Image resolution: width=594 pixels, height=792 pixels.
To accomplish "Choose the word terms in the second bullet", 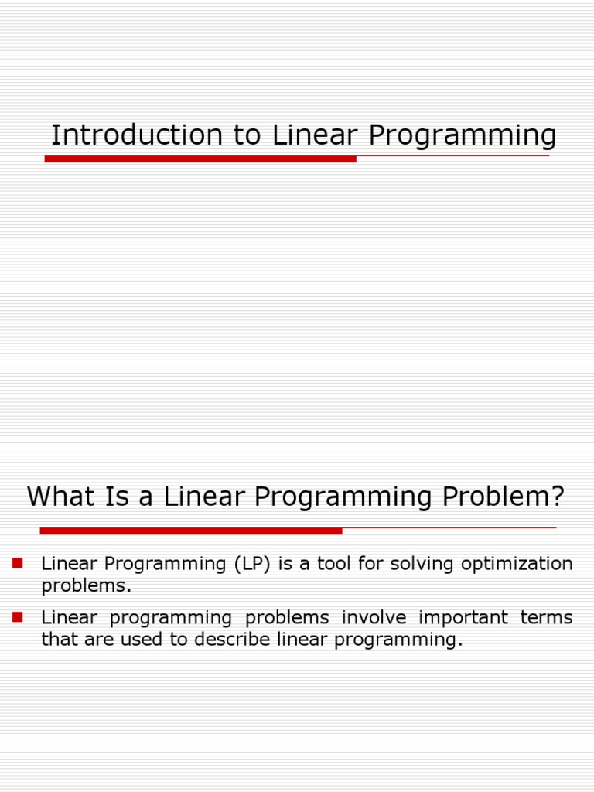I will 545,618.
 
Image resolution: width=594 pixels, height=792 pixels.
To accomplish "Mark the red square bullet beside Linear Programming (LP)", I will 18,563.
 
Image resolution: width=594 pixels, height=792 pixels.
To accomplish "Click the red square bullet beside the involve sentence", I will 18,617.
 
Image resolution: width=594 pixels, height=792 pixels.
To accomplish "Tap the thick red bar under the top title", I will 200,159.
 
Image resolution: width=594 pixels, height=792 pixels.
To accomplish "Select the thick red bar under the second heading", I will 190,531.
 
